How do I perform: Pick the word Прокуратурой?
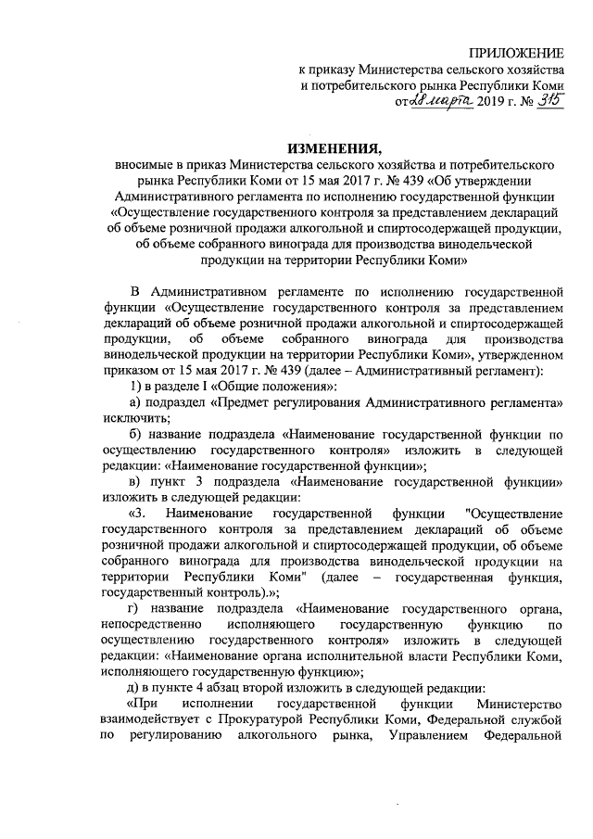pyautogui.click(x=273, y=719)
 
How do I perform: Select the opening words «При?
pyautogui.click(x=146, y=703)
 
